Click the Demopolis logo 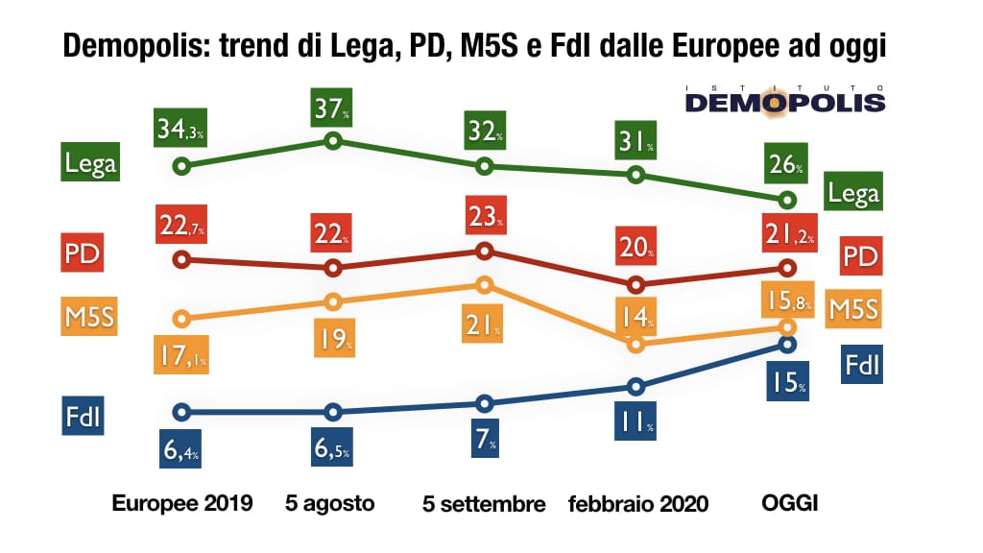(785, 98)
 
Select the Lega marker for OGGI (788, 200)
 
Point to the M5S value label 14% (634, 316)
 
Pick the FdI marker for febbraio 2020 (635, 387)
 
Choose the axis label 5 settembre (484, 504)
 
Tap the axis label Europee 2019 (182, 503)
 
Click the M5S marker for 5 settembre (484, 285)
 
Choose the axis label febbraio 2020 (638, 504)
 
